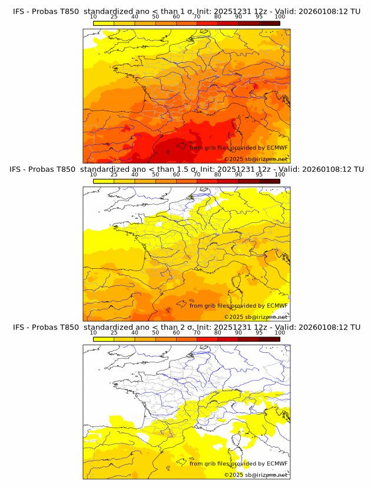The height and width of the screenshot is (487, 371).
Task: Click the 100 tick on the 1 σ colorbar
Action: tap(279, 16)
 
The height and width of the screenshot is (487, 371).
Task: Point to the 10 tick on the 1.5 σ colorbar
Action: tap(94, 175)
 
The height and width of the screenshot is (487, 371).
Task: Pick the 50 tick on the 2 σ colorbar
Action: tap(155, 332)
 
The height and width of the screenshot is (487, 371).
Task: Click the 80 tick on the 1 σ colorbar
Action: tap(218, 16)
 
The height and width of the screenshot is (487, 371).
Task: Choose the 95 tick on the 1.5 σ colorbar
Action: tap(259, 175)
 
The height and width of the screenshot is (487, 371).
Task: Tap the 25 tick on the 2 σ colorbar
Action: tap(114, 332)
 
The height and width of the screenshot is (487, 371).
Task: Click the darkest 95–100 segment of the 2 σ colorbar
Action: tap(269, 339)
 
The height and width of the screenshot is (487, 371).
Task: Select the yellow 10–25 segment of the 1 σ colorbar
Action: tap(104, 23)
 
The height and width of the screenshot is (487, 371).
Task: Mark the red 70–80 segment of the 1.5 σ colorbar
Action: tap(207, 181)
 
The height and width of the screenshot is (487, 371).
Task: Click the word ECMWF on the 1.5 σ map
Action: tap(277, 305)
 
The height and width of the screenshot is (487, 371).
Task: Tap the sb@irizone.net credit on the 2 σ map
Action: tap(267, 475)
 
